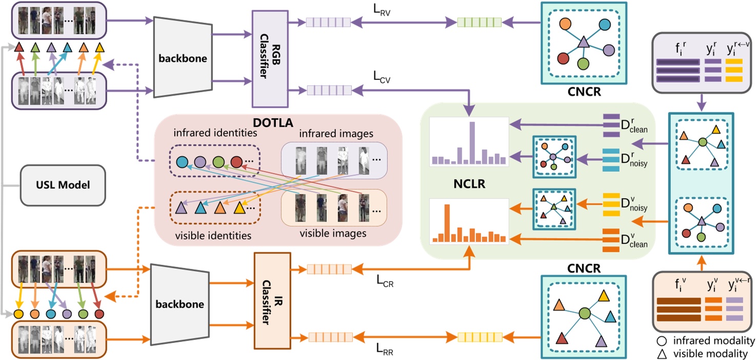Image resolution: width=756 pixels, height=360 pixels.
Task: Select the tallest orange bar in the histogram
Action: [x=447, y=223]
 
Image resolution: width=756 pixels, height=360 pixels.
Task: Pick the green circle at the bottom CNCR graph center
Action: [x=584, y=313]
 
